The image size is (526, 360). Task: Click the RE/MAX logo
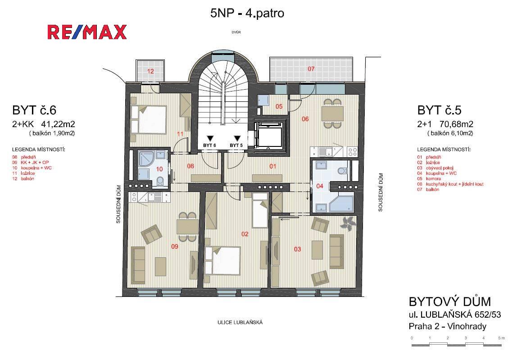87,32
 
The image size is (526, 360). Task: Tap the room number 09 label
175,246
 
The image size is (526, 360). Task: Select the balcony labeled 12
150,71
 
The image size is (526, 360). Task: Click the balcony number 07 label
311,69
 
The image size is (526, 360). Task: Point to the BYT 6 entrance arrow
210,138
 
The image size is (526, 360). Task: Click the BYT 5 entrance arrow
237,138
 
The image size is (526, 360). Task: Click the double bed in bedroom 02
223,261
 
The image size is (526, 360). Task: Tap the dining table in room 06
332,114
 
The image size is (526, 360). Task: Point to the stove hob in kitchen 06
352,152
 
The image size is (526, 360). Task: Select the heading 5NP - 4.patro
247,13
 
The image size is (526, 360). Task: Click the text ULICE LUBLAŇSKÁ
240,323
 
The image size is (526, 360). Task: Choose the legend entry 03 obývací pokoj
435,168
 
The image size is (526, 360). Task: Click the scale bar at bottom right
457,344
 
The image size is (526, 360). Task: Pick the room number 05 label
279,106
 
